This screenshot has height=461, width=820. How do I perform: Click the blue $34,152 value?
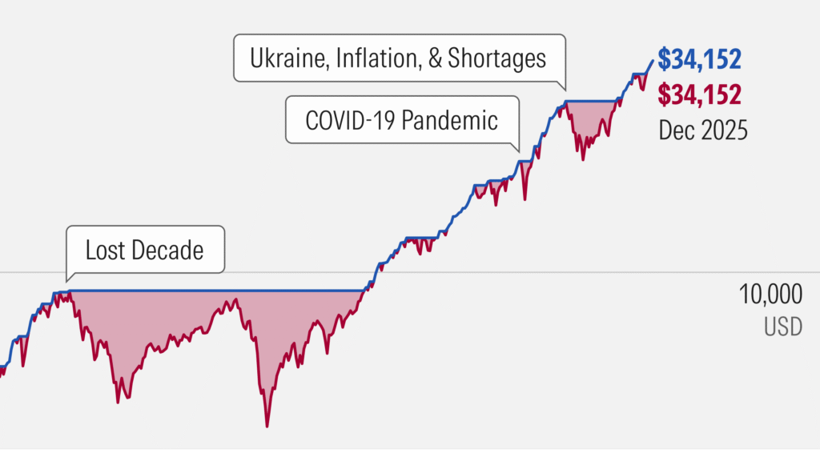point(698,58)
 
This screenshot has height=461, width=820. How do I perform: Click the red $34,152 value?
point(698,94)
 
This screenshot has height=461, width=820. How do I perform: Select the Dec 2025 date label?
point(702,130)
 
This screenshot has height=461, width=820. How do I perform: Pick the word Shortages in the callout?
point(498,58)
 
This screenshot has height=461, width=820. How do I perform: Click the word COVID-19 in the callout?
point(350,121)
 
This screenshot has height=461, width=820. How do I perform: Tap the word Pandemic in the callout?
point(451,121)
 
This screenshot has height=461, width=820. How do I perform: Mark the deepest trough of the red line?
point(267,426)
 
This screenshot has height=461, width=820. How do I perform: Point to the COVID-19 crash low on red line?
point(525,199)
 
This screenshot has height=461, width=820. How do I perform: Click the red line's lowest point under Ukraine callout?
point(582,159)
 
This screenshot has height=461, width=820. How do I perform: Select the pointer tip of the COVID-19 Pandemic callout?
point(518,152)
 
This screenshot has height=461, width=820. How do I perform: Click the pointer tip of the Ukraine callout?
point(565,90)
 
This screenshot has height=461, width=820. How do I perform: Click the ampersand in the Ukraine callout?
point(436,58)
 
